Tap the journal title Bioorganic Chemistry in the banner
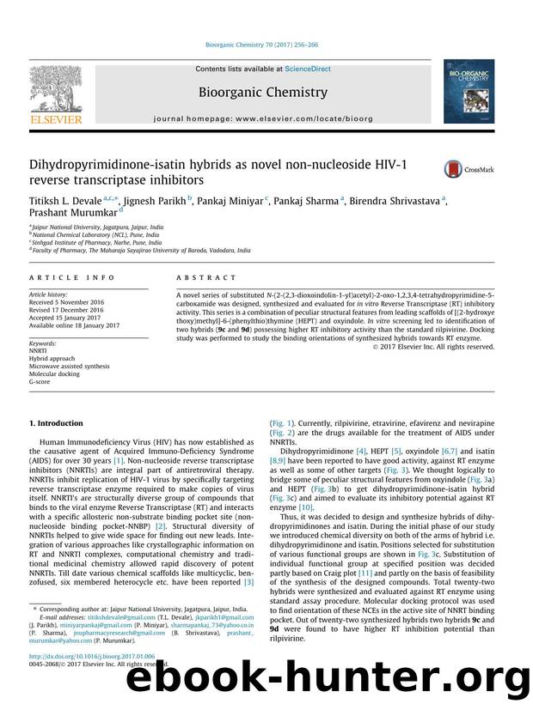click(263, 92)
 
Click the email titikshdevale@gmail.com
click(109, 616)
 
